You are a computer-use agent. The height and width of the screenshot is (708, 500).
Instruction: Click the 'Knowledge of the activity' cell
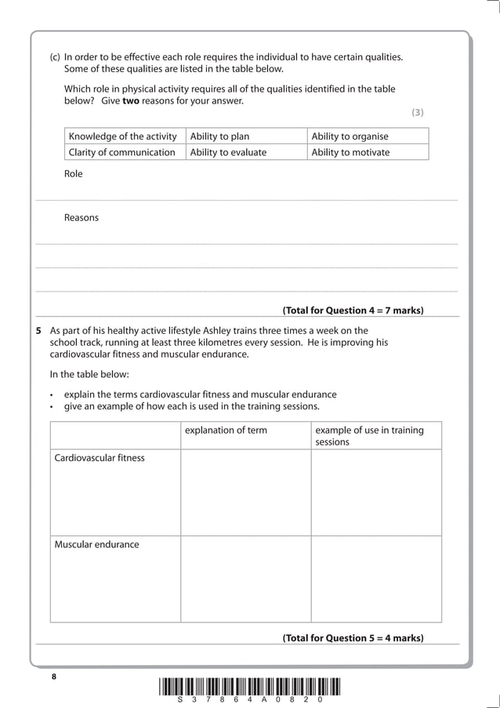[123, 136]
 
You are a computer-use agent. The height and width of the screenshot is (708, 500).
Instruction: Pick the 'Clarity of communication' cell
[122, 152]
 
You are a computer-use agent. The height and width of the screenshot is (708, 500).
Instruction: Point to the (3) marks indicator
[418, 113]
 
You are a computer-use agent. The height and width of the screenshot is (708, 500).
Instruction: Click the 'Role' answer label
[73, 174]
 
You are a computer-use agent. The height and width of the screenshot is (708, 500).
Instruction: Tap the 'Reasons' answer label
[82, 217]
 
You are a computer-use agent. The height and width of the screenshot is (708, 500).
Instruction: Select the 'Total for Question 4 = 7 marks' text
[353, 310]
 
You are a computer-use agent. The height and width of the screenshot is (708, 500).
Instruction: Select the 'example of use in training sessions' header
[369, 436]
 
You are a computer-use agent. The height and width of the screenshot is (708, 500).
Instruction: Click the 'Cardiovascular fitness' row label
[100, 458]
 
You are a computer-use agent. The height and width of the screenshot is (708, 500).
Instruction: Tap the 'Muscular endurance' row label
[96, 544]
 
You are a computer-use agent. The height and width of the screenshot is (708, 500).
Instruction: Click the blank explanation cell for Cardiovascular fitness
[245, 492]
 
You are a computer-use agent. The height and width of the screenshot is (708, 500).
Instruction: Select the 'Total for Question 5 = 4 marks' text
[353, 638]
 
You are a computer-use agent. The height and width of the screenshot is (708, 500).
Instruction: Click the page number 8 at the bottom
[55, 676]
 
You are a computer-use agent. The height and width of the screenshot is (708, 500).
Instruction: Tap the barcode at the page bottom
[250, 686]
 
